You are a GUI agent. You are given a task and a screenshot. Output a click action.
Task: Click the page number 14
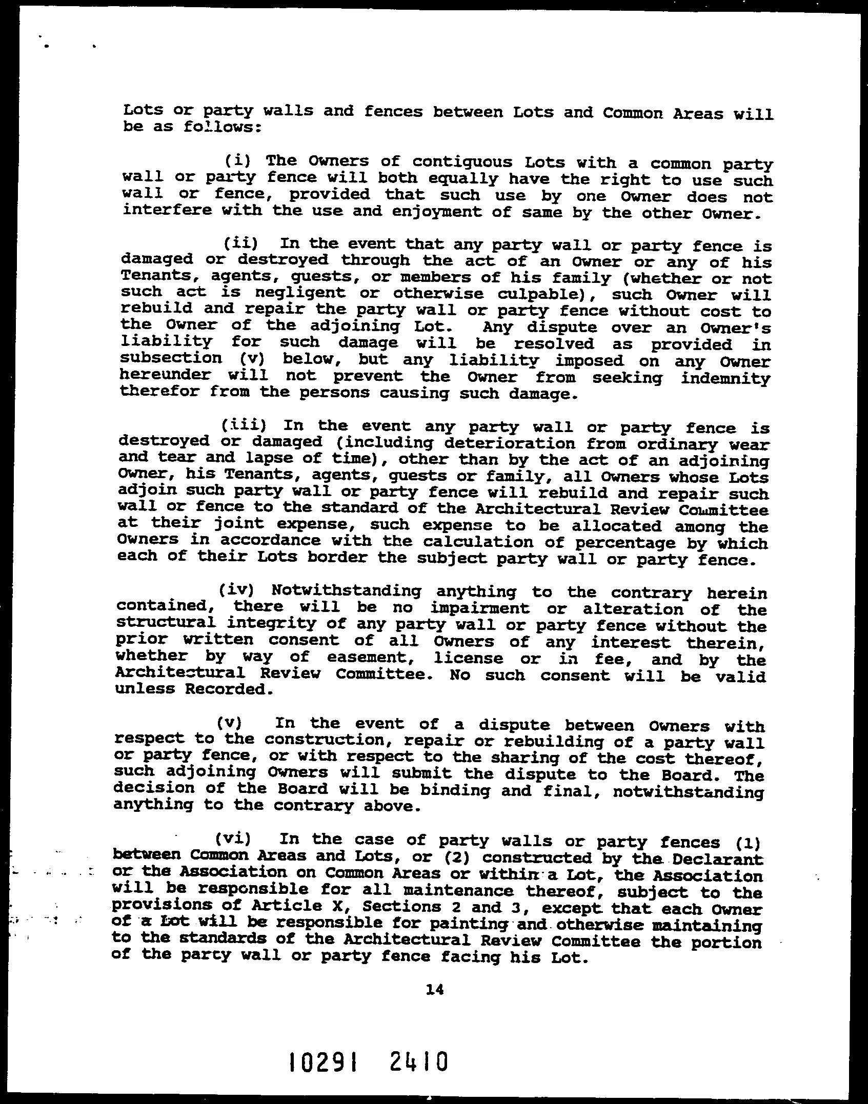pyautogui.click(x=434, y=989)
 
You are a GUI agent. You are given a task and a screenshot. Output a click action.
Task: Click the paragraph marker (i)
pyautogui.click(x=237, y=161)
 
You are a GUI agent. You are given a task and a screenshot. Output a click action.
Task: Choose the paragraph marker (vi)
pyautogui.click(x=233, y=839)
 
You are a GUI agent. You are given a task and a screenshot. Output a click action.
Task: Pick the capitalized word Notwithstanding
pyautogui.click(x=346, y=591)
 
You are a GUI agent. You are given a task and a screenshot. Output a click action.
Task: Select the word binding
pyautogui.click(x=455, y=790)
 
